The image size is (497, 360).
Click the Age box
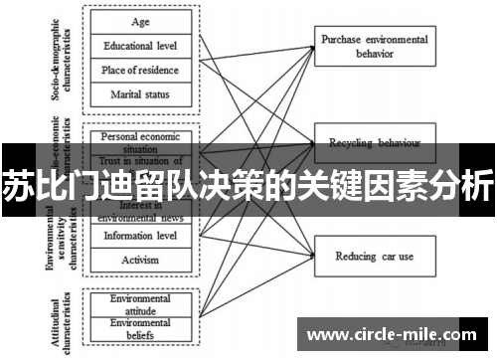tap(141, 21)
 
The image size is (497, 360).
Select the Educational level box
tap(141, 45)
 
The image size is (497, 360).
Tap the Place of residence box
tap(141, 70)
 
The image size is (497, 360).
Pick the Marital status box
tap(141, 94)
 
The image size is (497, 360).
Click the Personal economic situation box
tap(141, 139)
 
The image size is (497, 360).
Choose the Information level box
tap(141, 236)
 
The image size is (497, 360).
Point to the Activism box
tap(141, 260)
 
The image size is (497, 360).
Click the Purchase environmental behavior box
tap(374, 45)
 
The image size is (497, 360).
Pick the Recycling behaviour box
tap(374, 142)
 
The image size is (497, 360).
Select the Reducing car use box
tap(374, 256)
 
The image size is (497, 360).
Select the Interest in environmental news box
tap(141, 210)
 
